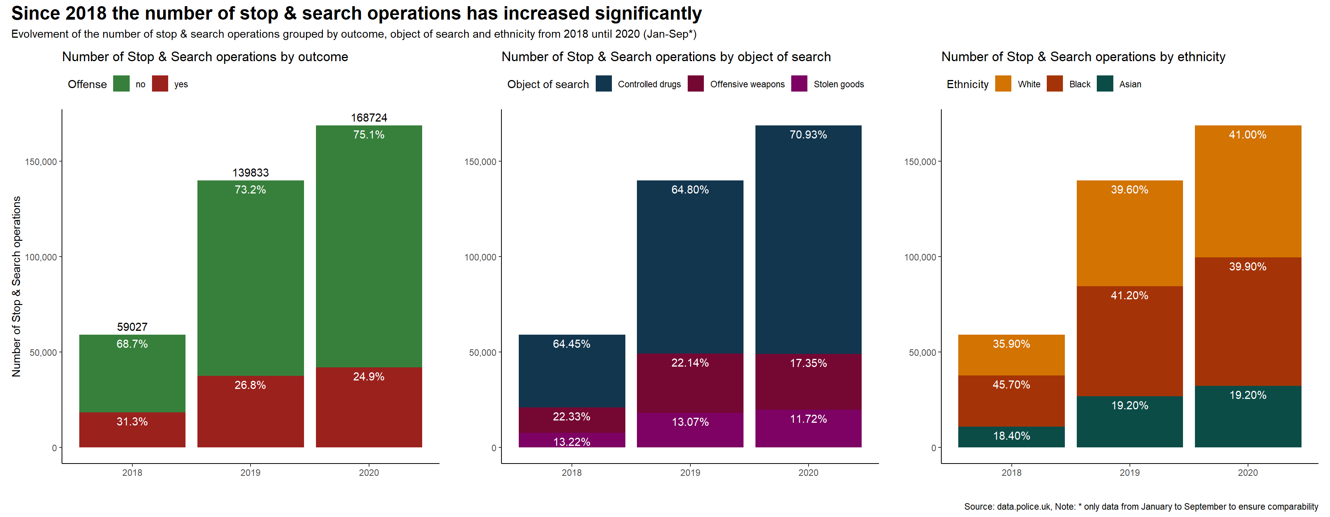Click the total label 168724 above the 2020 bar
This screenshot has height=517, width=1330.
369,118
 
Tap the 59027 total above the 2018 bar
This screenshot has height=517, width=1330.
132,327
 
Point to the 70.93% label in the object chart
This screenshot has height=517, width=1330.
808,135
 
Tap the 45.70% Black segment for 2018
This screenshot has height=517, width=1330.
1011,400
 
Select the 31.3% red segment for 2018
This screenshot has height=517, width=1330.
132,429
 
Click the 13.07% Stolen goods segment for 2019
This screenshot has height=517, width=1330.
690,429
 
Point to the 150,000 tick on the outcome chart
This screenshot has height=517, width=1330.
41,162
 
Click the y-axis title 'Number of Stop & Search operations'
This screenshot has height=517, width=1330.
17,286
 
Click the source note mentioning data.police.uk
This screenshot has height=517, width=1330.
1141,507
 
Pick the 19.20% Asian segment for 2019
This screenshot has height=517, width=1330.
1129,421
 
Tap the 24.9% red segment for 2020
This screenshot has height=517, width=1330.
369,407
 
